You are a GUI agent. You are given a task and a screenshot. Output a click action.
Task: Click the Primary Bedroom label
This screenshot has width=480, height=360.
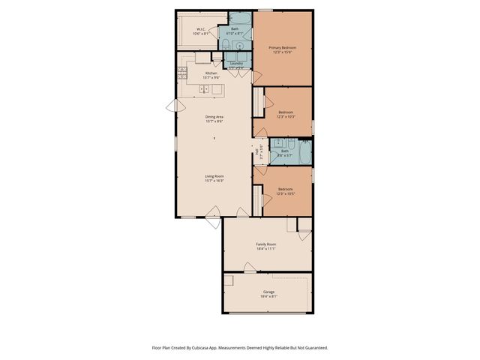point(283,48)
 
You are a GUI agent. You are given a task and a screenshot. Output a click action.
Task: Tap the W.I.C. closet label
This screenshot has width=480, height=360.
point(199,30)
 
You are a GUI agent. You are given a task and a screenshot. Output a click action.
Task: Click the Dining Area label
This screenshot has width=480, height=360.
point(215,117)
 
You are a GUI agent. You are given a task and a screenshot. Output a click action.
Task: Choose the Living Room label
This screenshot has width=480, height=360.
point(215,176)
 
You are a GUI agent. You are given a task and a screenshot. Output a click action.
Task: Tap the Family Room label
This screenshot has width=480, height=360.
point(266,244)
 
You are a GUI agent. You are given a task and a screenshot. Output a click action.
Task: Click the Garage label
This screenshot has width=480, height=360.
point(268,292)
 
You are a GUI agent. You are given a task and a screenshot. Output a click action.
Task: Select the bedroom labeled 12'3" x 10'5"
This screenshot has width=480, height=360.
point(286,190)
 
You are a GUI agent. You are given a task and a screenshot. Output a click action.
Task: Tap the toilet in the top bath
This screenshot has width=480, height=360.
point(225,45)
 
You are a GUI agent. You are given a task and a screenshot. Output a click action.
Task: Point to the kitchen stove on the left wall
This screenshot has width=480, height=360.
point(181,73)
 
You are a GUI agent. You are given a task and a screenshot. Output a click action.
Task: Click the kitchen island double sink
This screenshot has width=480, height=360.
point(205,89)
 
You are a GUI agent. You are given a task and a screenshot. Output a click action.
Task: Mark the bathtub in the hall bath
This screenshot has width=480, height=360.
point(303,152)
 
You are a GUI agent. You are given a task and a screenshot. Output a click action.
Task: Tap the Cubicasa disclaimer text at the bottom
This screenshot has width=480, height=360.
point(239,347)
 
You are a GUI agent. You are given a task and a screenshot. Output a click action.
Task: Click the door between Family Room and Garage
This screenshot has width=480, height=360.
point(248,266)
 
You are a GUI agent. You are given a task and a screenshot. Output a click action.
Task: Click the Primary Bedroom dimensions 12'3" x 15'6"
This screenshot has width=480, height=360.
point(283,52)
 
